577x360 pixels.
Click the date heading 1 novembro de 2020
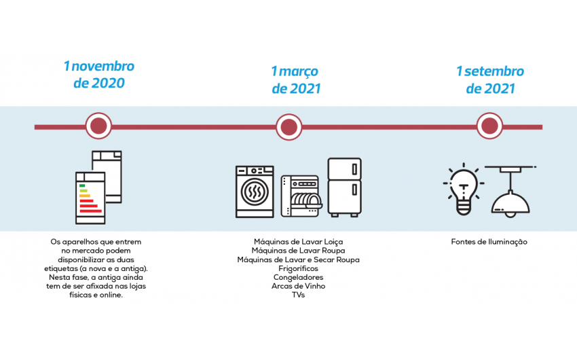(99, 75)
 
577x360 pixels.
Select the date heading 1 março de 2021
(295, 79)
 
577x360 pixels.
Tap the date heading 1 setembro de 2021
(489, 79)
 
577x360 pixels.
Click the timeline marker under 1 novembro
(99, 126)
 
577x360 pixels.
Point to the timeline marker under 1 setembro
(489, 126)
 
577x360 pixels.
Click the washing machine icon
(255, 192)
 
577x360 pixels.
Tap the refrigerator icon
(344, 187)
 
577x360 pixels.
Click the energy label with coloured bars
(90, 197)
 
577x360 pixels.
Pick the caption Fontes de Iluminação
(489, 242)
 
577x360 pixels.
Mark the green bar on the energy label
(81, 185)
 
